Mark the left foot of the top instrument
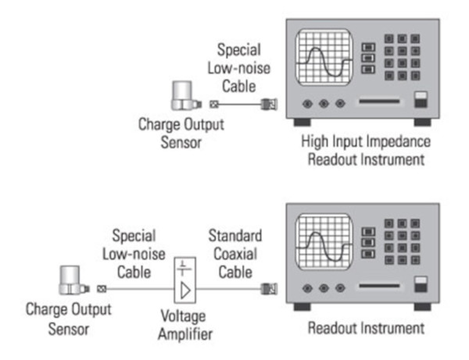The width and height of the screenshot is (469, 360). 301,123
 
